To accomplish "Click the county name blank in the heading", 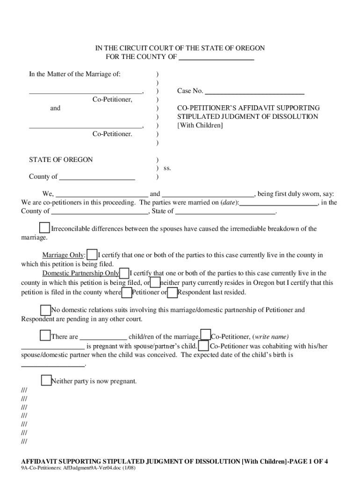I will point(216,58).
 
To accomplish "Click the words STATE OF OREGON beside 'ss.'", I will point(61,160).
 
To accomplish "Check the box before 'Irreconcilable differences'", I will point(44,228).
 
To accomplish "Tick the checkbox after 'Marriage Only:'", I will point(92,255).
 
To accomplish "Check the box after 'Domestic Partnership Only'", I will point(124,273).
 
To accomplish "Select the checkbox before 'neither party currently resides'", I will point(155,283).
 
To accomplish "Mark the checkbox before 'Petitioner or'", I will point(126,293).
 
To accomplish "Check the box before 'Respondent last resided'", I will point(172,293).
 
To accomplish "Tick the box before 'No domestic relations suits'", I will point(45,310).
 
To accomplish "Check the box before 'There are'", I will point(45,336).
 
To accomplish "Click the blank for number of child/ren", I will point(103,337).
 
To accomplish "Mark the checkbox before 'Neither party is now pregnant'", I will point(46,381).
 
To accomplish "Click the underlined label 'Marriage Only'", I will point(63,255).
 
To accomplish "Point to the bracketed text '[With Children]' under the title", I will point(200,125).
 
